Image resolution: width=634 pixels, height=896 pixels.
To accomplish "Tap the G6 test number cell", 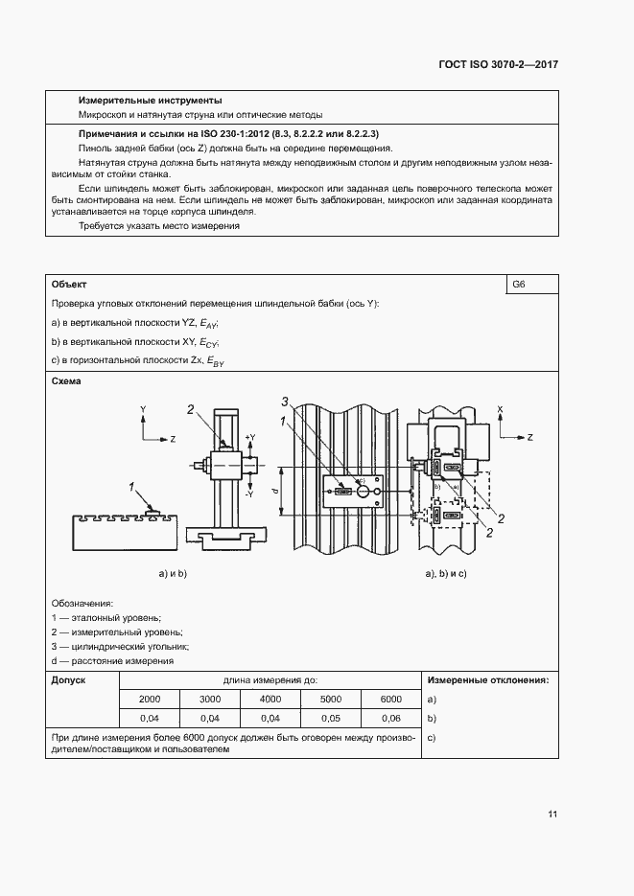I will pyautogui.click(x=520, y=285).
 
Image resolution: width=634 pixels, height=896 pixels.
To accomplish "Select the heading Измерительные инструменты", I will pyautogui.click(x=151, y=101).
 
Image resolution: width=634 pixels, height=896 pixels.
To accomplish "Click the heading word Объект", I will pyautogui.click(x=69, y=285).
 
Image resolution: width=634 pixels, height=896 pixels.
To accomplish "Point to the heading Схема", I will pyautogui.click(x=67, y=381).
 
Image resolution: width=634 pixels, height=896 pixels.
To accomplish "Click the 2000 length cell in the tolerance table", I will pyautogui.click(x=150, y=700).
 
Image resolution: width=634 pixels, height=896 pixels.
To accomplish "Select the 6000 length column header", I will pyautogui.click(x=391, y=700).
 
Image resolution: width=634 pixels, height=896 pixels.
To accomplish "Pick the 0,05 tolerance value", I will pyautogui.click(x=331, y=718).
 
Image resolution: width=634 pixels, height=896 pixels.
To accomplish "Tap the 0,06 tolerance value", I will pyautogui.click(x=391, y=718).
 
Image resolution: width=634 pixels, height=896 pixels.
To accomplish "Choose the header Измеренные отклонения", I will pyautogui.click(x=487, y=680).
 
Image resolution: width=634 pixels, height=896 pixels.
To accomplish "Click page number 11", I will pyautogui.click(x=552, y=815).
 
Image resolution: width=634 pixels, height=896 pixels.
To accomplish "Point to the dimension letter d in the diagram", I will pyautogui.click(x=276, y=491).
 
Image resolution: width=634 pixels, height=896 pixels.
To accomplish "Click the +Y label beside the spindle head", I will pyautogui.click(x=251, y=437).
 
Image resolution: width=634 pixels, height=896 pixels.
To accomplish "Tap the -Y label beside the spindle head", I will pyautogui.click(x=249, y=494).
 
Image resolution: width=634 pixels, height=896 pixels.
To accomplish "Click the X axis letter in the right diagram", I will pyautogui.click(x=501, y=409).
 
